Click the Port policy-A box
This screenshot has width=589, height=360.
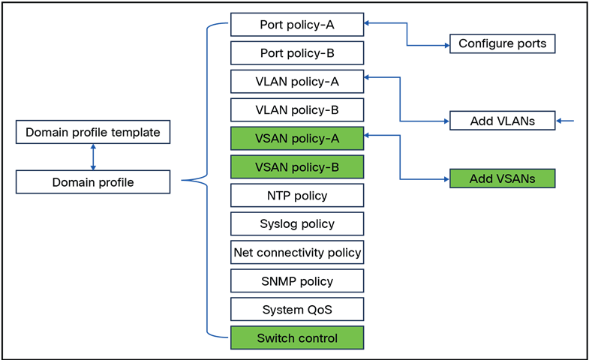click(297, 25)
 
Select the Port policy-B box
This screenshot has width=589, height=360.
click(297, 53)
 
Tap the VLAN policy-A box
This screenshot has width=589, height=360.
click(297, 82)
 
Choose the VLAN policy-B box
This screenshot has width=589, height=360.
click(297, 110)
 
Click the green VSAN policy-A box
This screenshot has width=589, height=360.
click(297, 138)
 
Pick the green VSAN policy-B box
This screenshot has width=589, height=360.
click(297, 166)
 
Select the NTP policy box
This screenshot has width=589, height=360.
click(297, 196)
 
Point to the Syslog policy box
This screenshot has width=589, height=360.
click(297, 223)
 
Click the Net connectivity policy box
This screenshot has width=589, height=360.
click(297, 253)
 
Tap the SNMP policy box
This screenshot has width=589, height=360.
click(297, 281)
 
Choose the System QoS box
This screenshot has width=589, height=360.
click(297, 310)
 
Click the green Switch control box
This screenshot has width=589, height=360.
click(297, 338)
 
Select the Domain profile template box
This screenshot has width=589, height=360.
click(93, 133)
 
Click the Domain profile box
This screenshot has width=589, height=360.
click(93, 181)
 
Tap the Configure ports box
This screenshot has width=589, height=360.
click(502, 43)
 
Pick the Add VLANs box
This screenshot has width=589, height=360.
click(502, 120)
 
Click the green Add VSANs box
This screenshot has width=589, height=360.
click(502, 178)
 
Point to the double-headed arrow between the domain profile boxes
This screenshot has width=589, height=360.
click(93, 157)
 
